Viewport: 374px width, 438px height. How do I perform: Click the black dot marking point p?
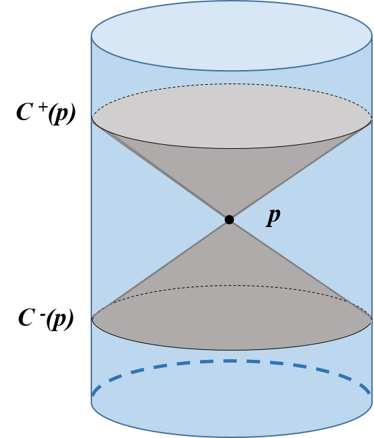tap(229, 219)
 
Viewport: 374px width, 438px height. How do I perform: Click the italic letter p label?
tap(273, 216)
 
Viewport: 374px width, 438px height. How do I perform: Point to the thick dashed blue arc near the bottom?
tap(231, 361)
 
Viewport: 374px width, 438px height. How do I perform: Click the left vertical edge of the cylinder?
tap(92, 220)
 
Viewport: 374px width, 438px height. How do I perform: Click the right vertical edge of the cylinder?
tap(371, 220)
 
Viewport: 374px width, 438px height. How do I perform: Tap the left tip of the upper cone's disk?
tap(93, 118)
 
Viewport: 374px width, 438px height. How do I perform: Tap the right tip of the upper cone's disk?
tap(371, 119)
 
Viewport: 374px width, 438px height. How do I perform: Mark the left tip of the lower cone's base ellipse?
tap(93, 319)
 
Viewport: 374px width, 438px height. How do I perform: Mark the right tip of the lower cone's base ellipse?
tap(371, 319)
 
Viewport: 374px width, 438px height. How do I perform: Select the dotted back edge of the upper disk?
tap(231, 84)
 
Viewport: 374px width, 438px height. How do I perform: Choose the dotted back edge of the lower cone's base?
tap(231, 286)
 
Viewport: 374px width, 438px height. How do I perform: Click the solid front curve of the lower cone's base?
tap(231, 350)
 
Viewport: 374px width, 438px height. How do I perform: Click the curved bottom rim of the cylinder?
tap(231, 436)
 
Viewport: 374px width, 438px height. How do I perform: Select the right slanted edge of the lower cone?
tap(300, 268)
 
